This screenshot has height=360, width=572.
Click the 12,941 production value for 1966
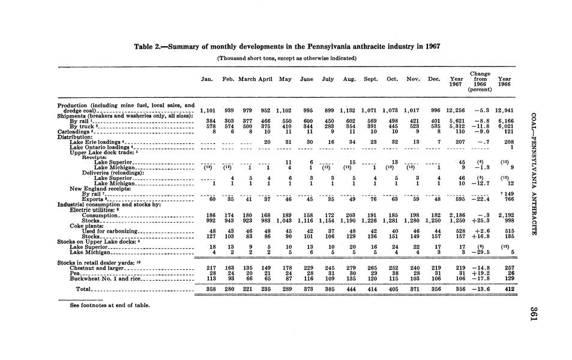coord(504,111)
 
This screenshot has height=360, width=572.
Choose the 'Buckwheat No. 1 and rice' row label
coord(105,278)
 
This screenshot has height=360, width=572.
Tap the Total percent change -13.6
coord(481,289)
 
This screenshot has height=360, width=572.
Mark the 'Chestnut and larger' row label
coord(97,267)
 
